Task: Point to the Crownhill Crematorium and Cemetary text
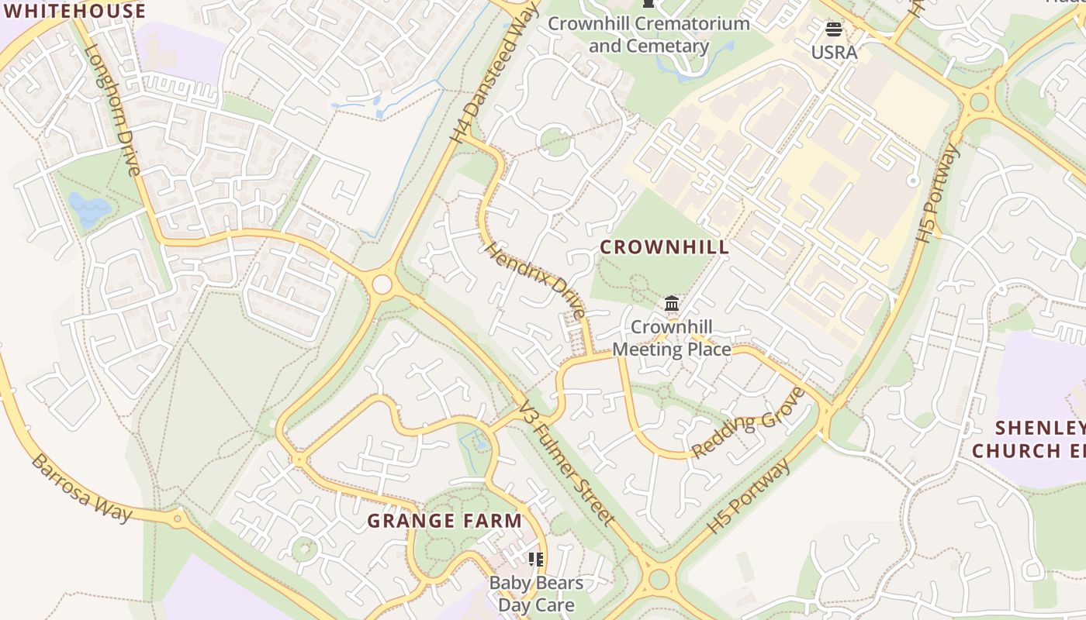(648, 34)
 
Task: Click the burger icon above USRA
(834, 30)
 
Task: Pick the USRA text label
(834, 53)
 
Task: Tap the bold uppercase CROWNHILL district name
(665, 247)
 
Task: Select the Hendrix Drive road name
(535, 281)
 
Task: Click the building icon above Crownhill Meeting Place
(672, 304)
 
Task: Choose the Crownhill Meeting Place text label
(672, 339)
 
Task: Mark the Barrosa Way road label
(81, 488)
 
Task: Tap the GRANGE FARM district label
(444, 521)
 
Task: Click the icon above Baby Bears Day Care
(535, 560)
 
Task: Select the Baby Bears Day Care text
(536, 594)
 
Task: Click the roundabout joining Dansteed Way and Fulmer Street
(382, 284)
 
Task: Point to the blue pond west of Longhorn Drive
(88, 208)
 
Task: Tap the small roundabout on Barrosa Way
(178, 518)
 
